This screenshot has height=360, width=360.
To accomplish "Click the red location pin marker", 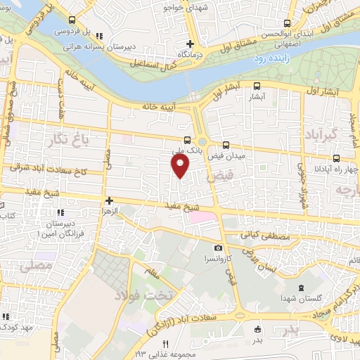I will pyautogui.click(x=181, y=166).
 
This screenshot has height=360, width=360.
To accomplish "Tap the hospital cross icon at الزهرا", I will pyautogui.click(x=109, y=200).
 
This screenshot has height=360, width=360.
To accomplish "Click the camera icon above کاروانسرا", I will pyautogui.click(x=219, y=248).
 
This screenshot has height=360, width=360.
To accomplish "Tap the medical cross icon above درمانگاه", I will pyautogui.click(x=200, y=43).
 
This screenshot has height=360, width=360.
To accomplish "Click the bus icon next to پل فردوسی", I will pyautogui.click(x=99, y=35).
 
